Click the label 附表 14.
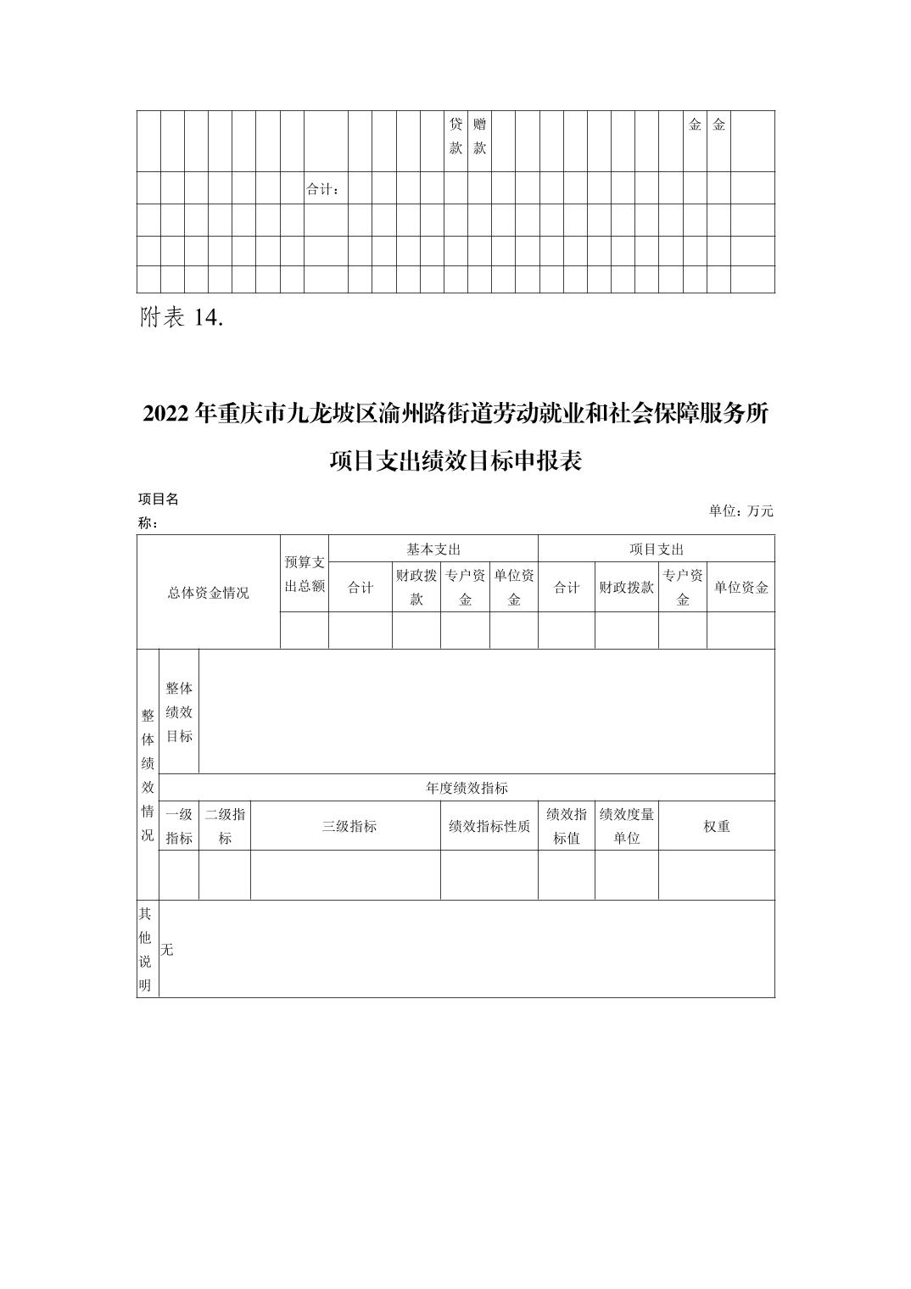coord(181,318)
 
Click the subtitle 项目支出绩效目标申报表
coord(455,461)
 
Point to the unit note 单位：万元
coord(741,511)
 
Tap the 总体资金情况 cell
coord(208,593)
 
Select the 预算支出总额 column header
coord(305,574)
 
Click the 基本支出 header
coord(433,550)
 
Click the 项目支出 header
coord(657,550)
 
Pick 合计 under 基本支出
coord(360,588)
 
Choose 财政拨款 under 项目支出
coord(626,588)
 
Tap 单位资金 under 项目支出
coord(741,588)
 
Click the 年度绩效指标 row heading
coord(467,788)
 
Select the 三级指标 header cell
coord(349,826)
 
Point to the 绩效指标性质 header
coord(489,826)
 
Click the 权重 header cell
coord(717,826)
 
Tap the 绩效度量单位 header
coord(626,826)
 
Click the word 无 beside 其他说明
coord(167,950)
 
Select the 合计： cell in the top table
coord(322,189)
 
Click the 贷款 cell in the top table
coord(455,136)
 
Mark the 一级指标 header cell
coord(179,826)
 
